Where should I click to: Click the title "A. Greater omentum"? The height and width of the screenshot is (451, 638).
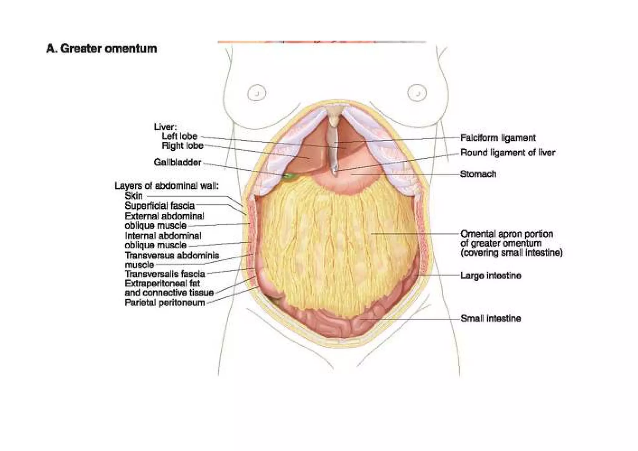pyautogui.click(x=102, y=49)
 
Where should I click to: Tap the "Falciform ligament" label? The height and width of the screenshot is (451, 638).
pyautogui.click(x=498, y=138)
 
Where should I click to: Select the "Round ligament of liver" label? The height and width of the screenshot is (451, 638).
pyautogui.click(x=507, y=153)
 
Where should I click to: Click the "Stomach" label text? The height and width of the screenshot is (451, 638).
pyautogui.click(x=478, y=174)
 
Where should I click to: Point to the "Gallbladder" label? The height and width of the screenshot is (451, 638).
pyautogui.click(x=177, y=162)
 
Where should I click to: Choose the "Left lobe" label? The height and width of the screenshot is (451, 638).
pyautogui.click(x=179, y=136)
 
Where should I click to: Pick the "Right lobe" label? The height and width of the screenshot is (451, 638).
pyautogui.click(x=182, y=145)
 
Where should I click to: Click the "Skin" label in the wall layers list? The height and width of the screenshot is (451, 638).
pyautogui.click(x=134, y=196)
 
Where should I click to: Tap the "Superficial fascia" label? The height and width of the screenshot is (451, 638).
pyautogui.click(x=159, y=206)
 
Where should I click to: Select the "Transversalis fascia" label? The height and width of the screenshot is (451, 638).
pyautogui.click(x=165, y=274)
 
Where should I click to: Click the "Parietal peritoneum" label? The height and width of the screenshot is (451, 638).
pyautogui.click(x=164, y=302)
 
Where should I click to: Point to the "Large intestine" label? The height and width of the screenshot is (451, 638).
pyautogui.click(x=491, y=276)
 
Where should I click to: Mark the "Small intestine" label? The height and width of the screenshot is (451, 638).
pyautogui.click(x=491, y=318)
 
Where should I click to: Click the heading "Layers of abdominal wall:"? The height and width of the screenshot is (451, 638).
pyautogui.click(x=167, y=186)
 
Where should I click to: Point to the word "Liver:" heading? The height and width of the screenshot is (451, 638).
pyautogui.click(x=165, y=127)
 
